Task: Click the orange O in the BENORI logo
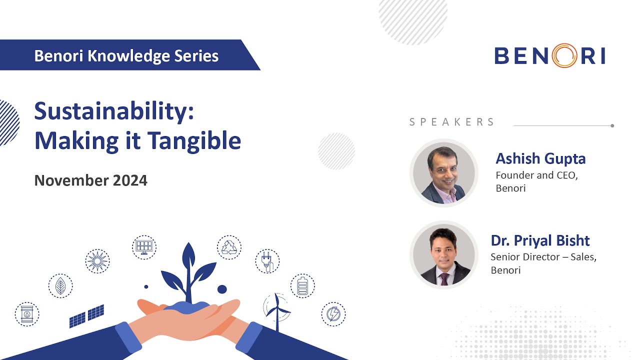[x=565, y=55]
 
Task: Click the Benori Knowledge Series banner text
[x=126, y=55]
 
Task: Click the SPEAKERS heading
[x=452, y=122]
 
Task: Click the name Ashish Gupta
[x=540, y=159]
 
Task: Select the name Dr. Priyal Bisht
[x=540, y=240]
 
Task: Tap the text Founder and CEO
[x=536, y=175]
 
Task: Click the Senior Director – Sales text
[x=543, y=257]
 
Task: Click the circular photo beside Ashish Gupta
[x=444, y=173]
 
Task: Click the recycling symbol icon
[x=229, y=247]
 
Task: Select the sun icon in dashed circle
[x=97, y=261]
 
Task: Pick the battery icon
[x=302, y=286]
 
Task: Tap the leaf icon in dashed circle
[x=60, y=286]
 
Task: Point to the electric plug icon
[x=267, y=261]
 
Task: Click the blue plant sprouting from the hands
[x=188, y=272]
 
